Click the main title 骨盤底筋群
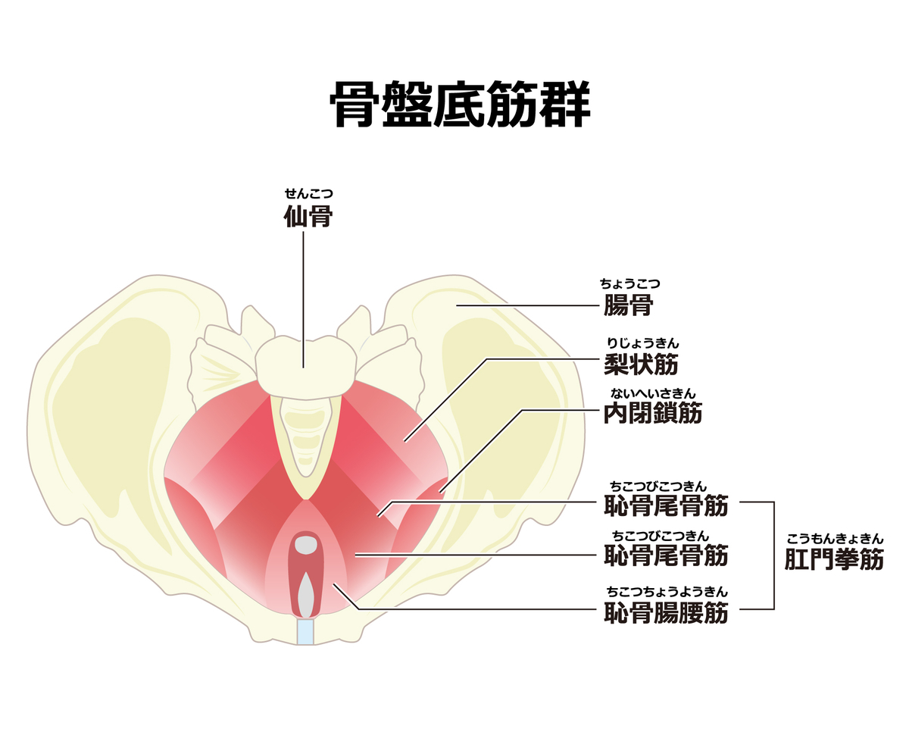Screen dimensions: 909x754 [x=460, y=104]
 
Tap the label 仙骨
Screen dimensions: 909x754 [x=308, y=216]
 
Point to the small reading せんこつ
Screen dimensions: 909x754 [x=308, y=193]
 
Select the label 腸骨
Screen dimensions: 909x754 [x=628, y=305]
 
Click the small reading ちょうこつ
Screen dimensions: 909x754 [x=630, y=283]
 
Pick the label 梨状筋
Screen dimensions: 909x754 [x=641, y=364]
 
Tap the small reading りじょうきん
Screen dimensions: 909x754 [x=643, y=343]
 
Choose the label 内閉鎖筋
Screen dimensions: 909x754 [x=652, y=413]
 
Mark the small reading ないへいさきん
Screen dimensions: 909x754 [x=653, y=393]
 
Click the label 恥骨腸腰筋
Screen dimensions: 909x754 [x=666, y=613]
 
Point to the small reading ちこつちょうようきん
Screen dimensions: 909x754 [x=667, y=592]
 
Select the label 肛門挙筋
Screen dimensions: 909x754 [x=834, y=559]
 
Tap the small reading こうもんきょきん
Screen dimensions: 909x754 [x=835, y=539]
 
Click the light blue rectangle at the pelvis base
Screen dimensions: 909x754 [x=305, y=631]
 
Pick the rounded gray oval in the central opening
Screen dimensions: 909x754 [x=306, y=545]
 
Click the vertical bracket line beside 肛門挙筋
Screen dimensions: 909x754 [x=773, y=555]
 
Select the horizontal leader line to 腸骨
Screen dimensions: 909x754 [x=528, y=305]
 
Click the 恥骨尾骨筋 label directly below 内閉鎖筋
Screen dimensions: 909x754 [x=666, y=505]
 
